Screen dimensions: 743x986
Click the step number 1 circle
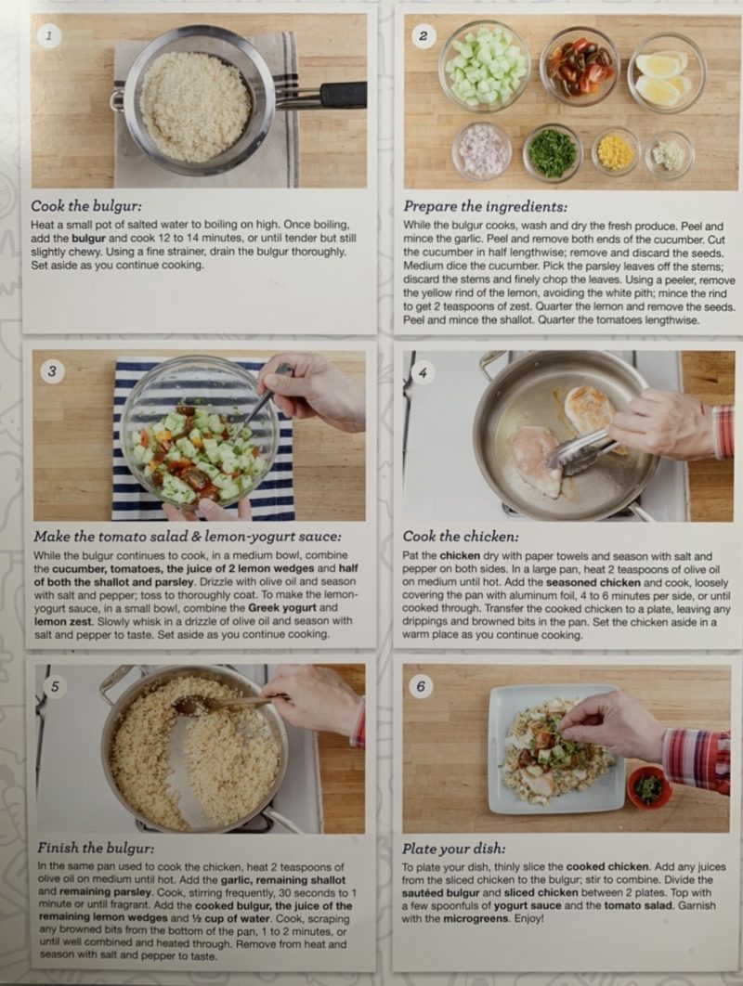pos(48,36)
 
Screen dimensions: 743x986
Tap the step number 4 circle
pos(423,373)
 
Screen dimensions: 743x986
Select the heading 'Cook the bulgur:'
pos(86,206)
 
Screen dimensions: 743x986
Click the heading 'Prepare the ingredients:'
pos(485,206)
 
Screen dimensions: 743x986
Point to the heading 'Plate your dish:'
pos(453,849)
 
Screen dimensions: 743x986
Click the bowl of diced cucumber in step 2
pos(485,66)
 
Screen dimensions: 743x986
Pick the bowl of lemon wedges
pos(666,72)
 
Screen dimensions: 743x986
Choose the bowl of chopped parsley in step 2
pos(552,153)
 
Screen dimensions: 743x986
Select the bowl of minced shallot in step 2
pos(481,151)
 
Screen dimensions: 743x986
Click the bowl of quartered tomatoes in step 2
pos(580,67)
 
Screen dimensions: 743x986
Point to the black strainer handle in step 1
pos(343,95)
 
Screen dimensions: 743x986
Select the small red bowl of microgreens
pos(649,787)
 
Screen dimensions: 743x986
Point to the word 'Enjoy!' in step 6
pos(528,919)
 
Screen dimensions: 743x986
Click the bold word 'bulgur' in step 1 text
pos(89,239)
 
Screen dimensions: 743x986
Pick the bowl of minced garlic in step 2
pos(670,154)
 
